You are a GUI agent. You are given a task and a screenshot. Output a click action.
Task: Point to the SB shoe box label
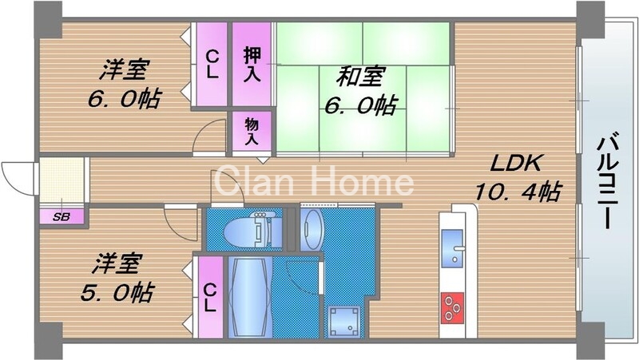pyautogui.click(x=60, y=217)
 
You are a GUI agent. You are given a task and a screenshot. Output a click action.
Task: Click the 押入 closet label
pyautogui.click(x=252, y=63)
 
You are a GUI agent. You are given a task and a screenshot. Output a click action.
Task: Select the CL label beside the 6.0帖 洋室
pyautogui.click(x=212, y=63)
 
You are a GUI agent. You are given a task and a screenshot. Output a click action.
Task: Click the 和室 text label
pyautogui.click(x=360, y=77)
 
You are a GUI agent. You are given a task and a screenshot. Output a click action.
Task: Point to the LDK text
pyautogui.click(x=516, y=164)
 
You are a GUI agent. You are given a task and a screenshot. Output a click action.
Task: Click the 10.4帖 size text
pyautogui.click(x=518, y=192)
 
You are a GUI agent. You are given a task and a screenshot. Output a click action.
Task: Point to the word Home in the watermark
pyautogui.click(x=363, y=182)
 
